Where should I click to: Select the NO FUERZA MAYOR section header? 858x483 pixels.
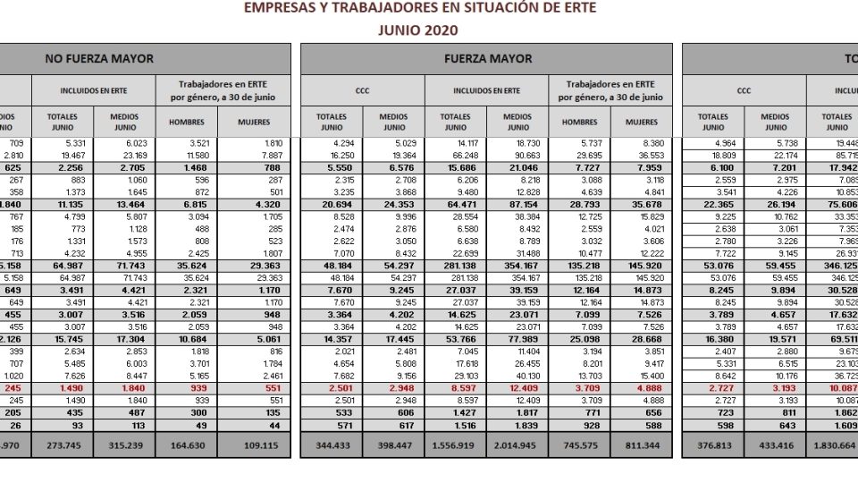(99, 59)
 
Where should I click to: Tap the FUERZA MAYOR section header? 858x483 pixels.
(487, 59)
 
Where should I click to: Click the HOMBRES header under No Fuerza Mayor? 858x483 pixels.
(186, 122)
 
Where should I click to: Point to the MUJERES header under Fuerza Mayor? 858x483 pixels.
(642, 122)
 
